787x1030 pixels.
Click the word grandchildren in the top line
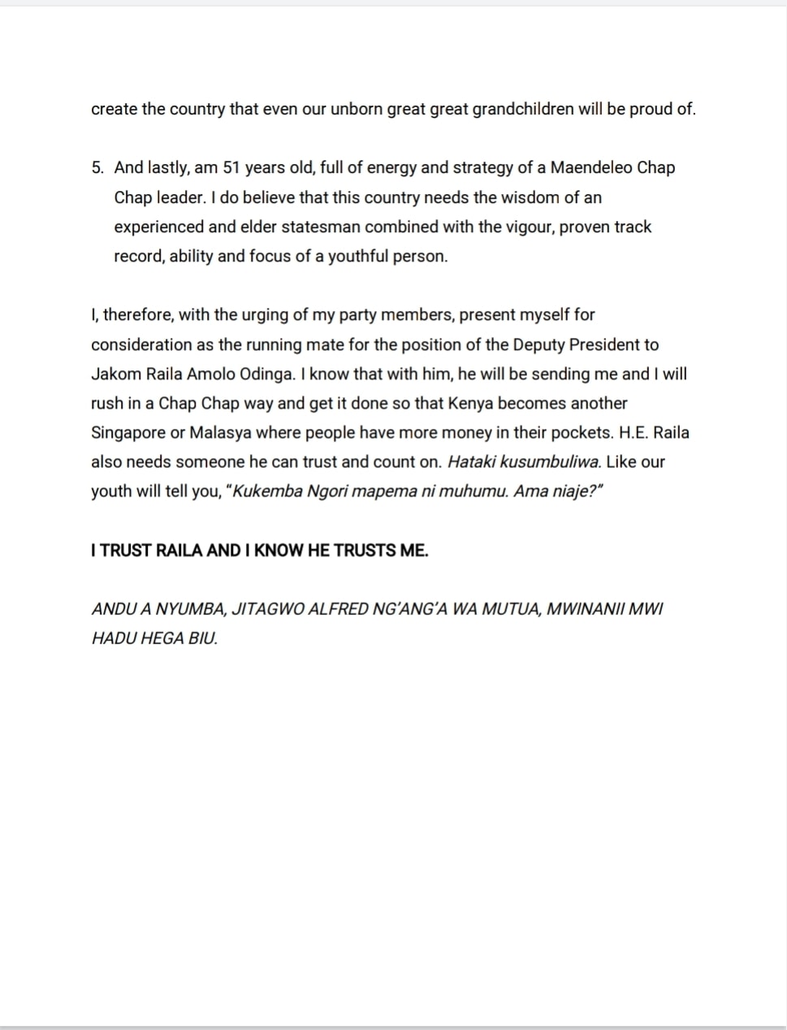[523, 110]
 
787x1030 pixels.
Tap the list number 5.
[97, 168]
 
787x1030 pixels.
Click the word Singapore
[128, 432]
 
